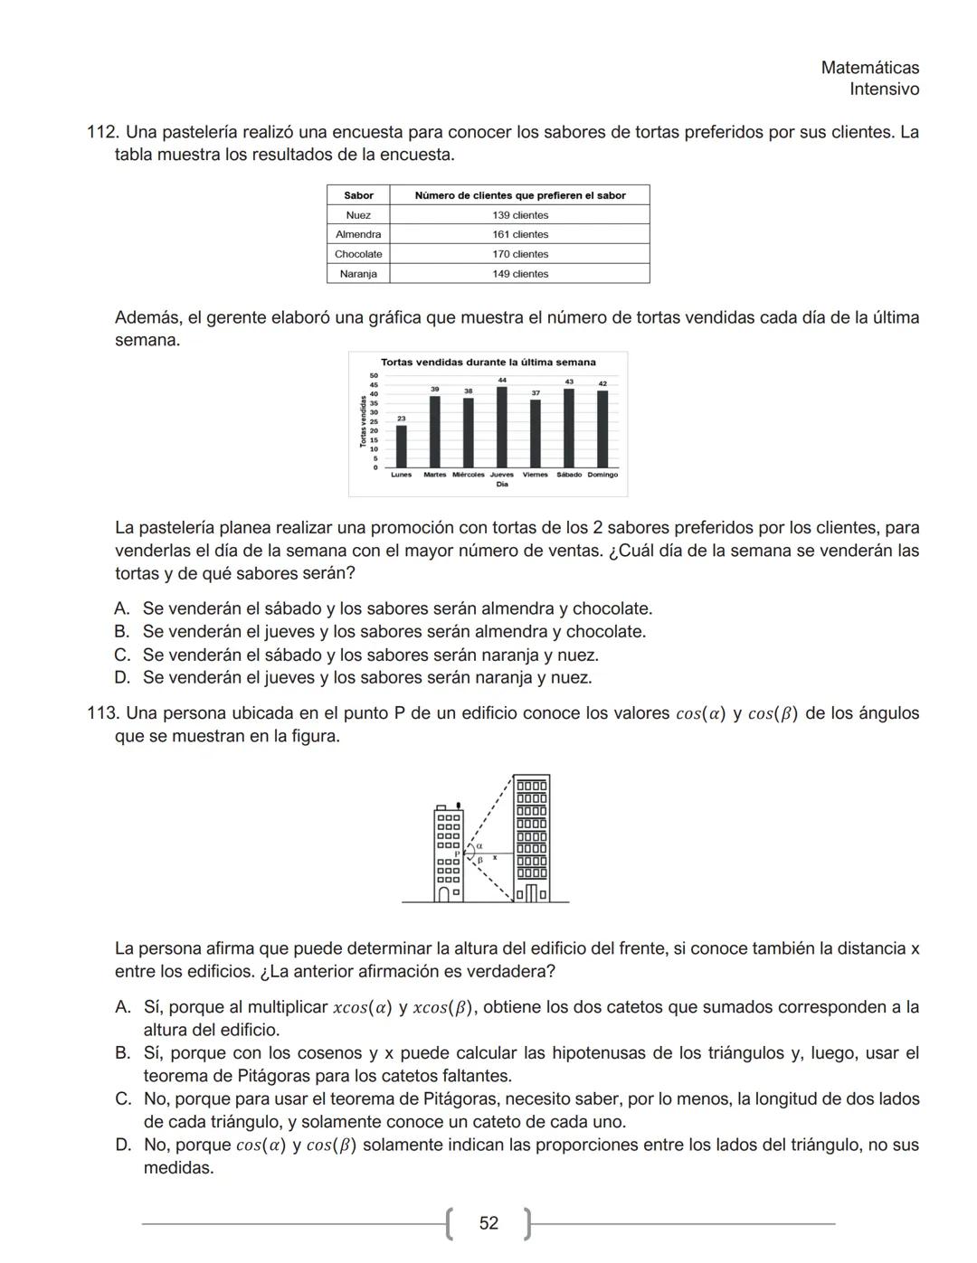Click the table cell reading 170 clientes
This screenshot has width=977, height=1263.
click(519, 254)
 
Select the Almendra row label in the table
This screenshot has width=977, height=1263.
click(358, 234)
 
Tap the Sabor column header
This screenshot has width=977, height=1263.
click(358, 195)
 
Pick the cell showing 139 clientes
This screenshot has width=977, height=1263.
click(519, 215)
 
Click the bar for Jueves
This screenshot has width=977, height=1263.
click(502, 426)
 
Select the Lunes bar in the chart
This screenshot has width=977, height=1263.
click(402, 446)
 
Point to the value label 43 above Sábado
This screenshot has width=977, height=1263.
click(569, 382)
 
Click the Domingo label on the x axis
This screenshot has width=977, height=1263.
click(602, 475)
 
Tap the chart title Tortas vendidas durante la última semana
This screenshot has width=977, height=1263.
click(488, 363)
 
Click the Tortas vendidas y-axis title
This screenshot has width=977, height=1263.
click(363, 421)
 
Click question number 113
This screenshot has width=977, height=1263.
click(101, 713)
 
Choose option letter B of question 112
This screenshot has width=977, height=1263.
click(122, 632)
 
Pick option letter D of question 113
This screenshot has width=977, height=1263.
click(123, 1145)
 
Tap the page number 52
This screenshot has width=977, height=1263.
click(488, 1223)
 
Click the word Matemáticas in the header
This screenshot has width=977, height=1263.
click(869, 68)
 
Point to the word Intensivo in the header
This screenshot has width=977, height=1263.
click(884, 90)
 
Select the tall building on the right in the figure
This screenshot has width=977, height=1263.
click(531, 836)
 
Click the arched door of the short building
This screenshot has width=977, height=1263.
click(444, 894)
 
